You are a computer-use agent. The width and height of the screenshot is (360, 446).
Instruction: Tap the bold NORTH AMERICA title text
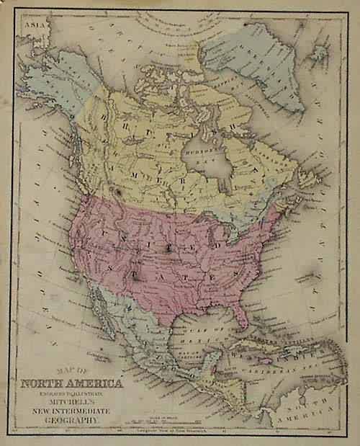(78, 383)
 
